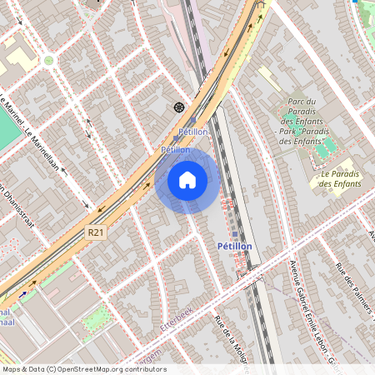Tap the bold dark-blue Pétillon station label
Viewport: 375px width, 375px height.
coord(234,247)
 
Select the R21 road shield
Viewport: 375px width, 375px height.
coord(97,237)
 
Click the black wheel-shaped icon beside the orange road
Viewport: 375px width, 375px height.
coord(178,107)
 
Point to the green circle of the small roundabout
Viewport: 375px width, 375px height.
coord(48,60)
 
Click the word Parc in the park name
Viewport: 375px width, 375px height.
coord(299,102)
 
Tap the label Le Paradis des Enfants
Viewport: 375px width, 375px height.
coord(337,178)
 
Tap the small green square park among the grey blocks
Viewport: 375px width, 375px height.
coord(96,317)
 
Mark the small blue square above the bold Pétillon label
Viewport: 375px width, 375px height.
coord(235,235)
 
